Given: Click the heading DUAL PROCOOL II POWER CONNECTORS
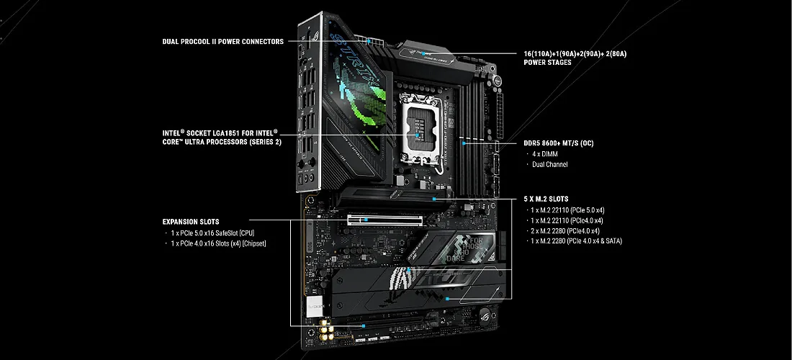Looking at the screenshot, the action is tap(222, 42).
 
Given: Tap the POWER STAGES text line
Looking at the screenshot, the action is tap(547, 63).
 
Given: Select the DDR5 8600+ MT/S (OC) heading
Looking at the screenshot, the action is tap(559, 143).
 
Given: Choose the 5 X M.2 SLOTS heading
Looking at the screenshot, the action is tap(546, 199).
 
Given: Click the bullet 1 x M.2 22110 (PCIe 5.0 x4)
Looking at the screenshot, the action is tap(567, 210).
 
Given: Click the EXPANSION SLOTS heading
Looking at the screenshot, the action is tap(191, 222).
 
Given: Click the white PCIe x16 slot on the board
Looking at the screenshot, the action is tap(385, 220).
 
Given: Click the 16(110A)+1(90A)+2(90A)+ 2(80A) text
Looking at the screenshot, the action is tap(575, 53).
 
